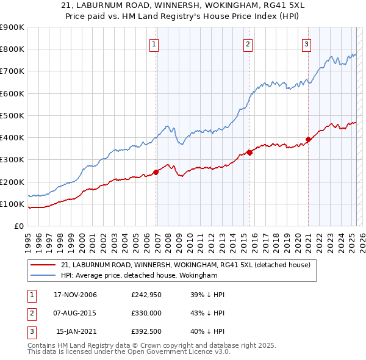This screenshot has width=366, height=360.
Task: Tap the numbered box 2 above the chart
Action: coord(248,44)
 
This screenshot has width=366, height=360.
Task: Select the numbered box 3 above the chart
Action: coord(306,44)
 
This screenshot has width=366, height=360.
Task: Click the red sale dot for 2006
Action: coord(156,172)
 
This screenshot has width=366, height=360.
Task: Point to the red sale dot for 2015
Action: coord(249,153)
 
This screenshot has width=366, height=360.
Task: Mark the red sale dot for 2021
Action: coord(308,139)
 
